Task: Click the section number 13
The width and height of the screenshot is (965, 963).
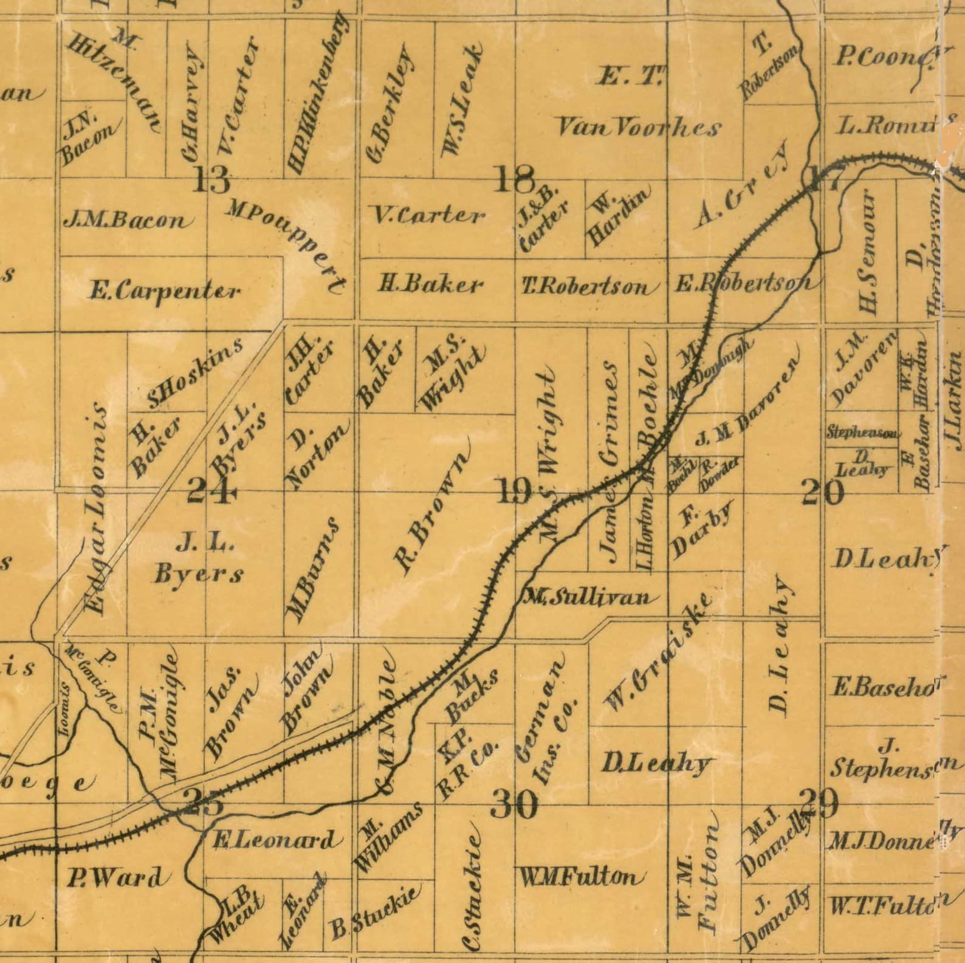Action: click(211, 179)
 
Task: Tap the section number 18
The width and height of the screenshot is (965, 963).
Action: click(515, 179)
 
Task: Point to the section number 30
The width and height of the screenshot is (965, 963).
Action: click(514, 805)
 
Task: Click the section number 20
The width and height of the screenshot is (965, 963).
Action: click(823, 492)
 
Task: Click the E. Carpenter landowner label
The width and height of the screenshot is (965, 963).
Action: click(165, 290)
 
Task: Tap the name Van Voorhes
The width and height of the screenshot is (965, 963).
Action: click(638, 128)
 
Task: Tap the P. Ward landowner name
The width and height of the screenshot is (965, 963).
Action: click(115, 877)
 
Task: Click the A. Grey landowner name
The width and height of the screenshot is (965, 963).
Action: click(741, 185)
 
